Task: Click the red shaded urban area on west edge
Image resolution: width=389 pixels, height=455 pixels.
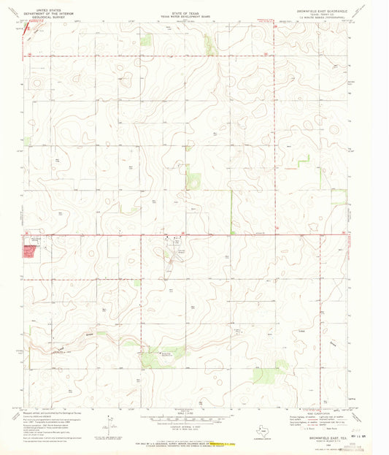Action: click(x=29, y=252)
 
